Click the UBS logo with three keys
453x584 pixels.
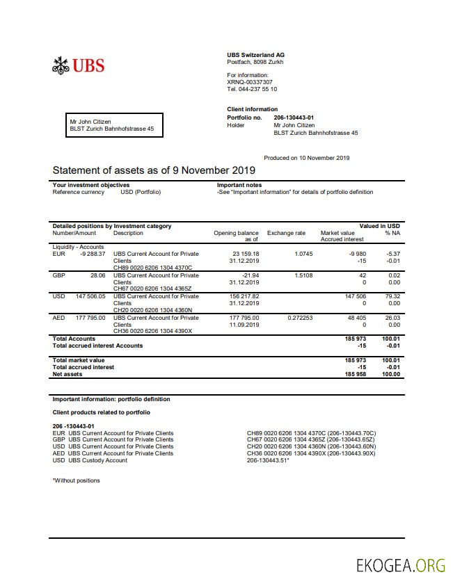(78, 66)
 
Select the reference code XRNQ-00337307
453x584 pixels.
(250, 82)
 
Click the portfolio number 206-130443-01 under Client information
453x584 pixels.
(294, 118)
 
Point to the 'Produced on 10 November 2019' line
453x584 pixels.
(306, 158)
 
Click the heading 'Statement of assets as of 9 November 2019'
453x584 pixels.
(154, 170)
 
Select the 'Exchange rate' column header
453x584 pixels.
(286, 233)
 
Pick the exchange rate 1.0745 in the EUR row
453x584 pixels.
(303, 254)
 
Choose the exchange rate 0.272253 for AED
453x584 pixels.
(300, 318)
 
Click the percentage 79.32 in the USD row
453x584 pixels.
(392, 296)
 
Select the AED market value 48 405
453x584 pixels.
(356, 318)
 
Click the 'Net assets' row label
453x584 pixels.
(67, 374)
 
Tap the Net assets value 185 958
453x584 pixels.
(355, 374)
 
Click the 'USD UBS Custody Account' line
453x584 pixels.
(90, 460)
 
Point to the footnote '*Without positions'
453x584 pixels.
(77, 480)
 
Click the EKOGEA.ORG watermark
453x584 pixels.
(399, 564)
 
